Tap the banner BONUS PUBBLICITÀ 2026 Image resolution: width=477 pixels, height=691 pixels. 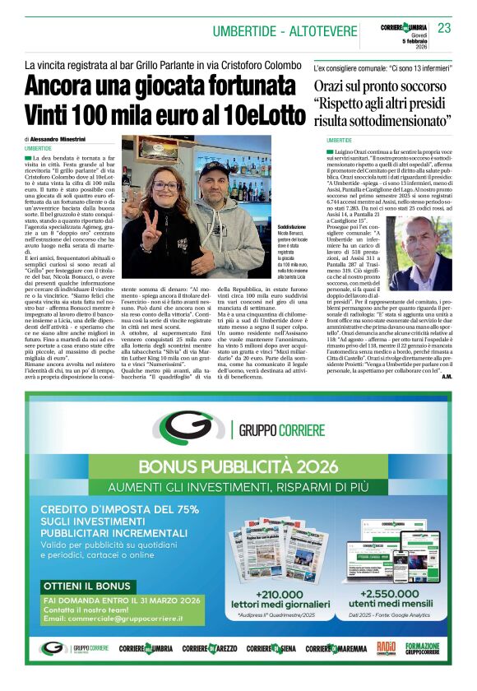coord(238,466)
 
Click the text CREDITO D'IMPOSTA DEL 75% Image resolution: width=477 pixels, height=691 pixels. coord(119,509)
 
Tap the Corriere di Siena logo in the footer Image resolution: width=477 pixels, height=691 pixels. coord(271,649)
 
